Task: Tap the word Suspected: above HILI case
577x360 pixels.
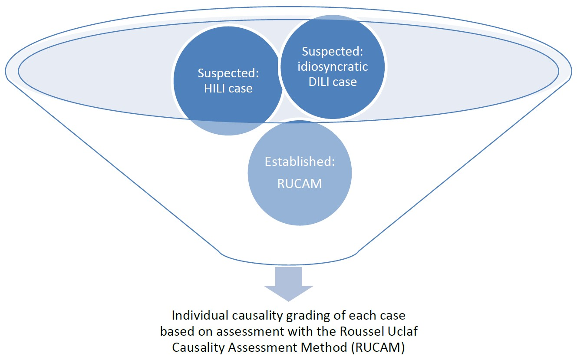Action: pyautogui.click(x=228, y=73)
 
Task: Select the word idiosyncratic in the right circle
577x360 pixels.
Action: pyautogui.click(x=333, y=66)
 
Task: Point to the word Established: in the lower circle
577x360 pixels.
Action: pyautogui.click(x=300, y=162)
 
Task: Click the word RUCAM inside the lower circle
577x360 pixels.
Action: pyautogui.click(x=300, y=183)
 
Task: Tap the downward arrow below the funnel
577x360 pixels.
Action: pyautogui.click(x=288, y=284)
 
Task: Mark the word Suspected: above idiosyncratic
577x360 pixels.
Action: pyautogui.click(x=333, y=51)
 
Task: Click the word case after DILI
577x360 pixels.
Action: pyautogui.click(x=345, y=82)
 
